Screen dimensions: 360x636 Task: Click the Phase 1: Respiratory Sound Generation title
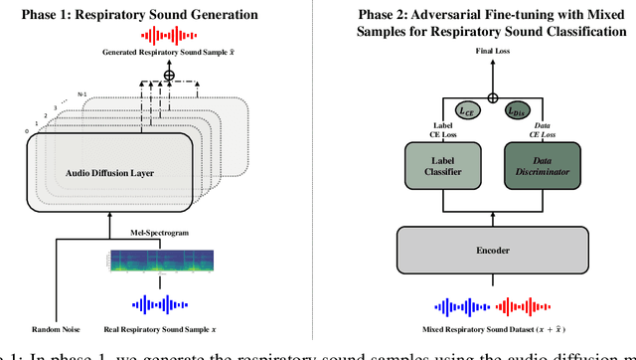tap(155, 15)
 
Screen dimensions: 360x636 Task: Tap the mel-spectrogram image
tap(149, 264)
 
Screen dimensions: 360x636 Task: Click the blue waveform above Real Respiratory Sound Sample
tap(149, 303)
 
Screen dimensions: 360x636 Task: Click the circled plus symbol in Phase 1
tap(155, 74)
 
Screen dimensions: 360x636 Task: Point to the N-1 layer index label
tap(82, 95)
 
